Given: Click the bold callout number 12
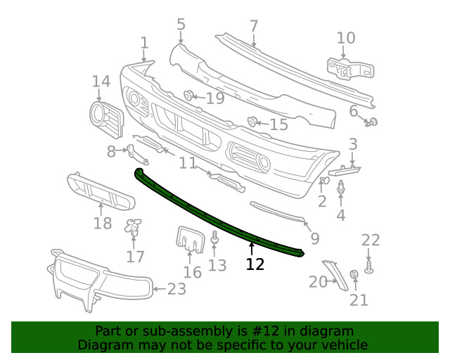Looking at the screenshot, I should click(x=255, y=264).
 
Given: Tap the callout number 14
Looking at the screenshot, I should click(x=101, y=82).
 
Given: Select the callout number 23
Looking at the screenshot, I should click(x=176, y=288).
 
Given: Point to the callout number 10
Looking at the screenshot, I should click(x=346, y=38).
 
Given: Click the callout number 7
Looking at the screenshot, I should click(x=254, y=27).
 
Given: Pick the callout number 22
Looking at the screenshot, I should click(x=371, y=240).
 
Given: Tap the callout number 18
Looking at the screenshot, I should click(x=103, y=224).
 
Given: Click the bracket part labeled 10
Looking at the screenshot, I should click(x=349, y=67).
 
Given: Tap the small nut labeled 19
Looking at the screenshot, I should click(x=189, y=96).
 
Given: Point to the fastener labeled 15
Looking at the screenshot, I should click(x=252, y=122).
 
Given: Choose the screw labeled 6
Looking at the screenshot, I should click(x=373, y=123).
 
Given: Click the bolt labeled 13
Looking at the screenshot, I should click(x=215, y=242).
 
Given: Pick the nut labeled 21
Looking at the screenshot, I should click(x=355, y=274).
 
